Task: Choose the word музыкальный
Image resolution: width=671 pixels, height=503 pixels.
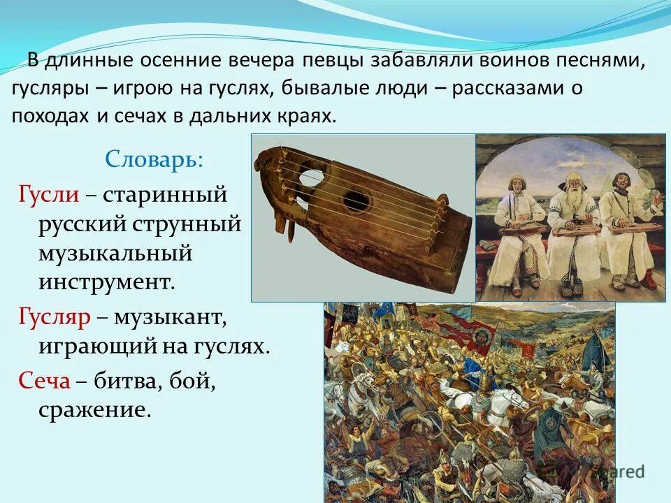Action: point(115,253)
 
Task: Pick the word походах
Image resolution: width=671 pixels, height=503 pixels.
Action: point(47,115)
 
